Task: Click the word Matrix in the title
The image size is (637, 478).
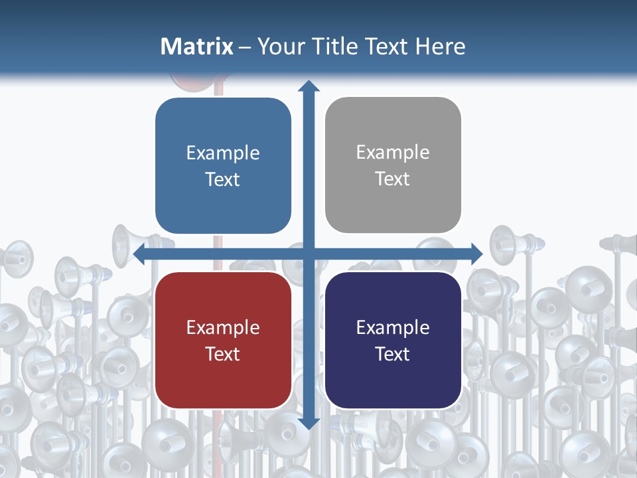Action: (197, 46)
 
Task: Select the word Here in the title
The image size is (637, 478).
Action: (440, 46)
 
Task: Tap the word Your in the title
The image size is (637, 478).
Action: (278, 46)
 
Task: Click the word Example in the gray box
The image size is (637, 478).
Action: (393, 152)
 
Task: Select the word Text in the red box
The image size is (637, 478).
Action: (223, 354)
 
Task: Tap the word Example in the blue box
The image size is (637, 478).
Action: (223, 153)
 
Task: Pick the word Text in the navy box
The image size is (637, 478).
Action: (393, 354)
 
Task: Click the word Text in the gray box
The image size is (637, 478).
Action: (393, 179)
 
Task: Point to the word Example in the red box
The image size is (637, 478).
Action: (223, 327)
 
